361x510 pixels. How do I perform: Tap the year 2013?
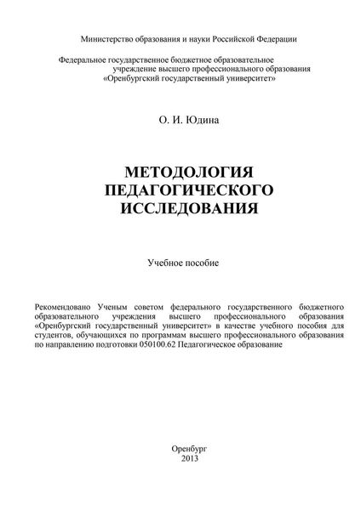click(180, 459)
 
